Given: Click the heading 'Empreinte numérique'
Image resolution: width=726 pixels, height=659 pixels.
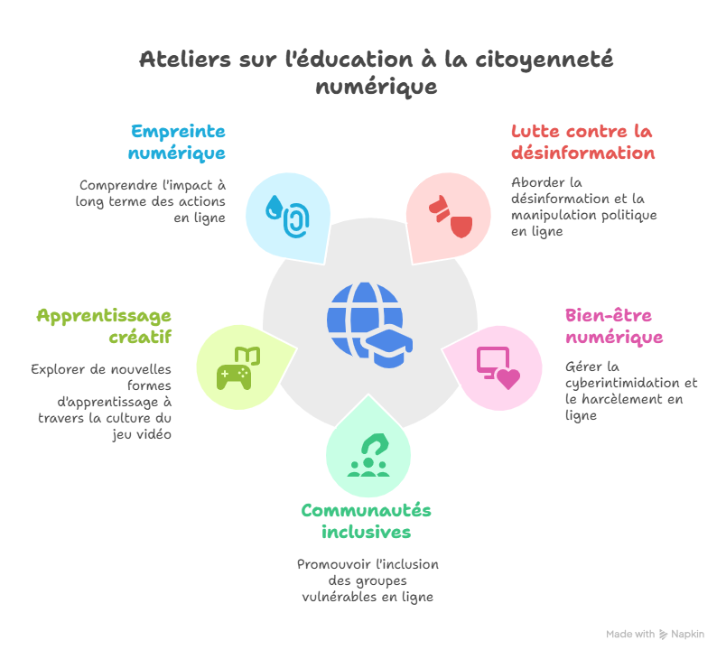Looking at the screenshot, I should pos(177,142).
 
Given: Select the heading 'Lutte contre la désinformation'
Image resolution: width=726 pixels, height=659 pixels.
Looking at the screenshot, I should pos(582,142).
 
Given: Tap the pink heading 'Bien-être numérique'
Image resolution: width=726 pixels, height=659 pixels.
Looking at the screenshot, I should pos(614,327).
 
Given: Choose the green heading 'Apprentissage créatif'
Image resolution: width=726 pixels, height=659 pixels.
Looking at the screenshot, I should pos(104,327).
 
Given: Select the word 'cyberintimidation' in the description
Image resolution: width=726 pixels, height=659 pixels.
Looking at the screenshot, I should pos(622,383).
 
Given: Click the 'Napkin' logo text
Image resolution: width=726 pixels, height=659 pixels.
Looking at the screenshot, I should pos(687,635).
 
